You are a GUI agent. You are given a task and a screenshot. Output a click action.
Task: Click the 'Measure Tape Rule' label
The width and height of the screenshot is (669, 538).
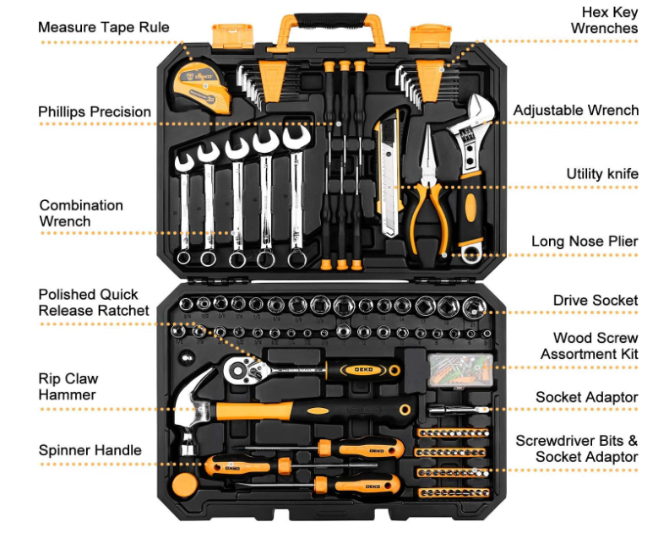(x=103, y=27)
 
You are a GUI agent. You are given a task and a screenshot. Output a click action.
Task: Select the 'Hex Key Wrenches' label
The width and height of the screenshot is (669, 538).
(x=604, y=20)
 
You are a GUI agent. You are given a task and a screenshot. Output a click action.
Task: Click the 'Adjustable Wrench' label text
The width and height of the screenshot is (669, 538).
(x=575, y=111)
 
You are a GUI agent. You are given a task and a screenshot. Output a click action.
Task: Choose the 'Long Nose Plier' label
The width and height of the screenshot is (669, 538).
(x=585, y=242)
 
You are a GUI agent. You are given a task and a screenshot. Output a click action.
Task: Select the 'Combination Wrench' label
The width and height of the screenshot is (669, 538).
(x=81, y=213)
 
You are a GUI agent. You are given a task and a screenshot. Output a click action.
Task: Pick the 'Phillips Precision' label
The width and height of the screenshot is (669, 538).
(x=95, y=111)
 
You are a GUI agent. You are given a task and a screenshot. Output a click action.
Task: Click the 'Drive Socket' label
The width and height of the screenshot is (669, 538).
(x=595, y=301)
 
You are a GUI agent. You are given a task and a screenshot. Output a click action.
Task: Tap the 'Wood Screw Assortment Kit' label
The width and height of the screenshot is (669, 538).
(x=589, y=346)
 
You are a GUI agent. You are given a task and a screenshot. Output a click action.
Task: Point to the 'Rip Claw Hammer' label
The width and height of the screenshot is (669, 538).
(x=68, y=386)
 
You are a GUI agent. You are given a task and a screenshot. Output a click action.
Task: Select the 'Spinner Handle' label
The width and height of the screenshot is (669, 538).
(x=90, y=450)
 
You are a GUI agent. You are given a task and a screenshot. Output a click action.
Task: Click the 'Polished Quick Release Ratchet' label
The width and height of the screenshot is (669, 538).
(x=93, y=302)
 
